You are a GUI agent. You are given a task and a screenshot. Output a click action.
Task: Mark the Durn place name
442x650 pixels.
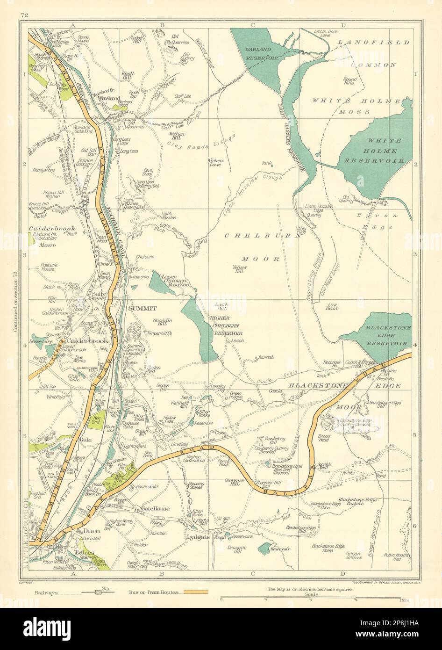89,531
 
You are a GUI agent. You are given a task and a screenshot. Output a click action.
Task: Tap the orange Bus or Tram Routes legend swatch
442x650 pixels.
195,592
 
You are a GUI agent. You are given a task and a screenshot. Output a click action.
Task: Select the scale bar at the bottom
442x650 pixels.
311,598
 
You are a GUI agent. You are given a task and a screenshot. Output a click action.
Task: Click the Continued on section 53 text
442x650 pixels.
17,302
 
